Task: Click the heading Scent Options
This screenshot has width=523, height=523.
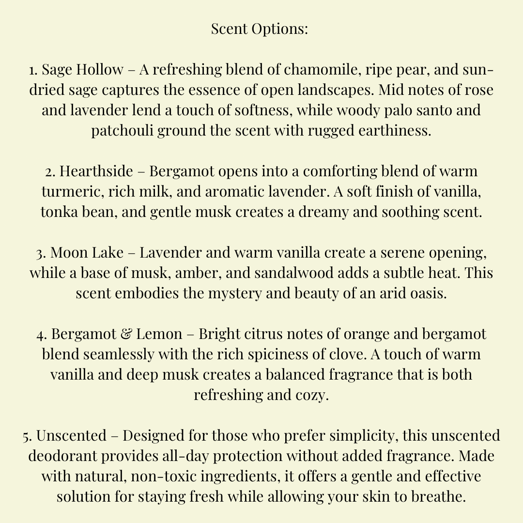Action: (x=260, y=29)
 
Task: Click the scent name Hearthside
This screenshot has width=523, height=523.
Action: (x=96, y=171)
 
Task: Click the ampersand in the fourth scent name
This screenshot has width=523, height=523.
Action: (x=128, y=334)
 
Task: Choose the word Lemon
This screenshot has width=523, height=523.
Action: (x=159, y=334)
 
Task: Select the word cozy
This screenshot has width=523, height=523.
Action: (x=311, y=395)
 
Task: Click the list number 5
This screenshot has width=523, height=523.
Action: (x=27, y=436)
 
